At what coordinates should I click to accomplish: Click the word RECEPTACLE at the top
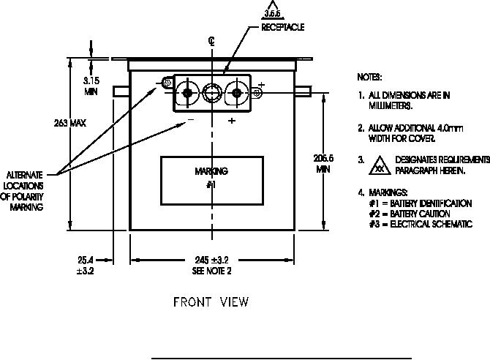pos(282,27)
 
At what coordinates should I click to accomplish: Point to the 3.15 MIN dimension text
pos(91,87)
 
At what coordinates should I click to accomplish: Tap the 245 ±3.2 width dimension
pos(211,260)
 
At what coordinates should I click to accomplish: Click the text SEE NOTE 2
pos(211,271)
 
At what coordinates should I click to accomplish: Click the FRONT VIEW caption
pos(211,301)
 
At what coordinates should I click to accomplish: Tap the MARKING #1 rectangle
pos(211,178)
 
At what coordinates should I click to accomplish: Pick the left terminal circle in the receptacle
pos(189,93)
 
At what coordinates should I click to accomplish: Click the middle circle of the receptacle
pos(211,93)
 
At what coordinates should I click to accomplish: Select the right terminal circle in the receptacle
pos(235,93)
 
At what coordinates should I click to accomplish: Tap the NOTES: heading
pos(369,77)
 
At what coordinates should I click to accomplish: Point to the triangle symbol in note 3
pos(379,164)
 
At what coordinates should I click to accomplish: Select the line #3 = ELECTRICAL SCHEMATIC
pos(421,224)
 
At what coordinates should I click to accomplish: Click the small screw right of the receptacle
pos(257,93)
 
